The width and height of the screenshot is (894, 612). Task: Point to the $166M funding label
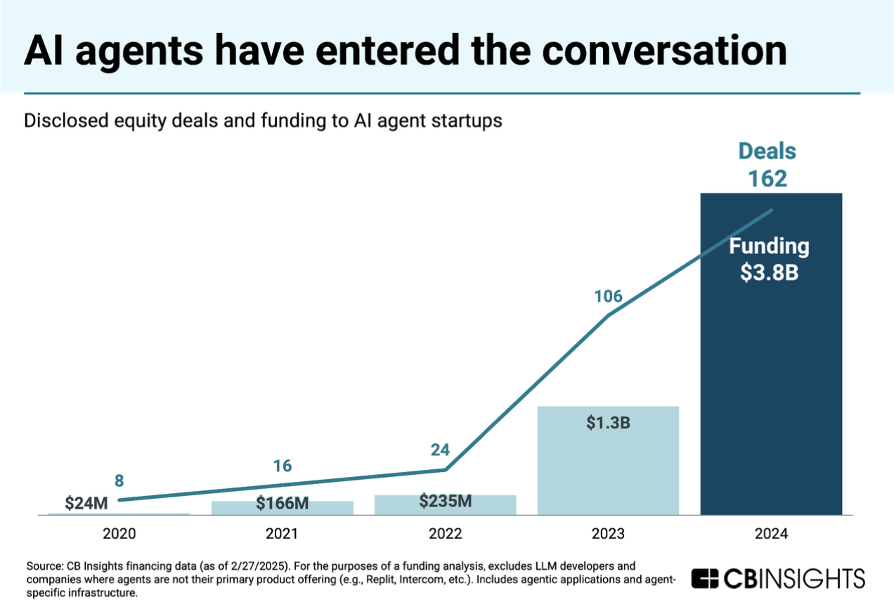[282, 503]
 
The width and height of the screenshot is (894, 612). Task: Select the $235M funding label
[445, 501]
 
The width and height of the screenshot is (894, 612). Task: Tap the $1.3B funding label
[608, 425]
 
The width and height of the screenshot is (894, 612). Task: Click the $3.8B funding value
[769, 272]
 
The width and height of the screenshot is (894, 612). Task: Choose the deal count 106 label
[608, 296]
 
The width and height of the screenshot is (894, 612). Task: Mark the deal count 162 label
[767, 179]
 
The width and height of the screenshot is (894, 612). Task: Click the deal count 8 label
[119, 481]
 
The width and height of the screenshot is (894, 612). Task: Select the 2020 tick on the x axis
[119, 534]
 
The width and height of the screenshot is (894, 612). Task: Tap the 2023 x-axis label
[608, 534]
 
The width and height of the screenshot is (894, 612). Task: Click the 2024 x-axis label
[771, 534]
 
